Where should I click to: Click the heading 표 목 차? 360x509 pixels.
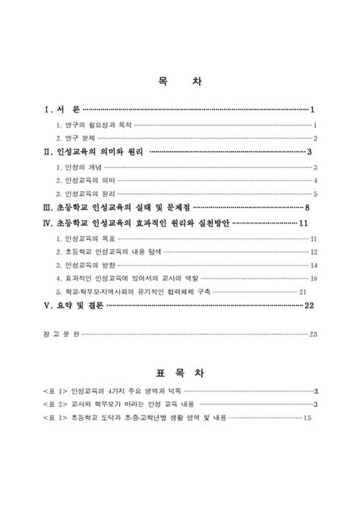180,375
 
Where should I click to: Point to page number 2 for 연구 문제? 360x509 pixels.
314,138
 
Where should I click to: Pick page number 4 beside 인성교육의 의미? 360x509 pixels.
314,181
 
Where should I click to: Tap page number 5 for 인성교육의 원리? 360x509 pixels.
314,194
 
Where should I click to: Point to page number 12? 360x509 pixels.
313,252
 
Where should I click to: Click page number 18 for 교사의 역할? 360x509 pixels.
313,280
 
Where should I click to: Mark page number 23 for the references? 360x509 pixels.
313,334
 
